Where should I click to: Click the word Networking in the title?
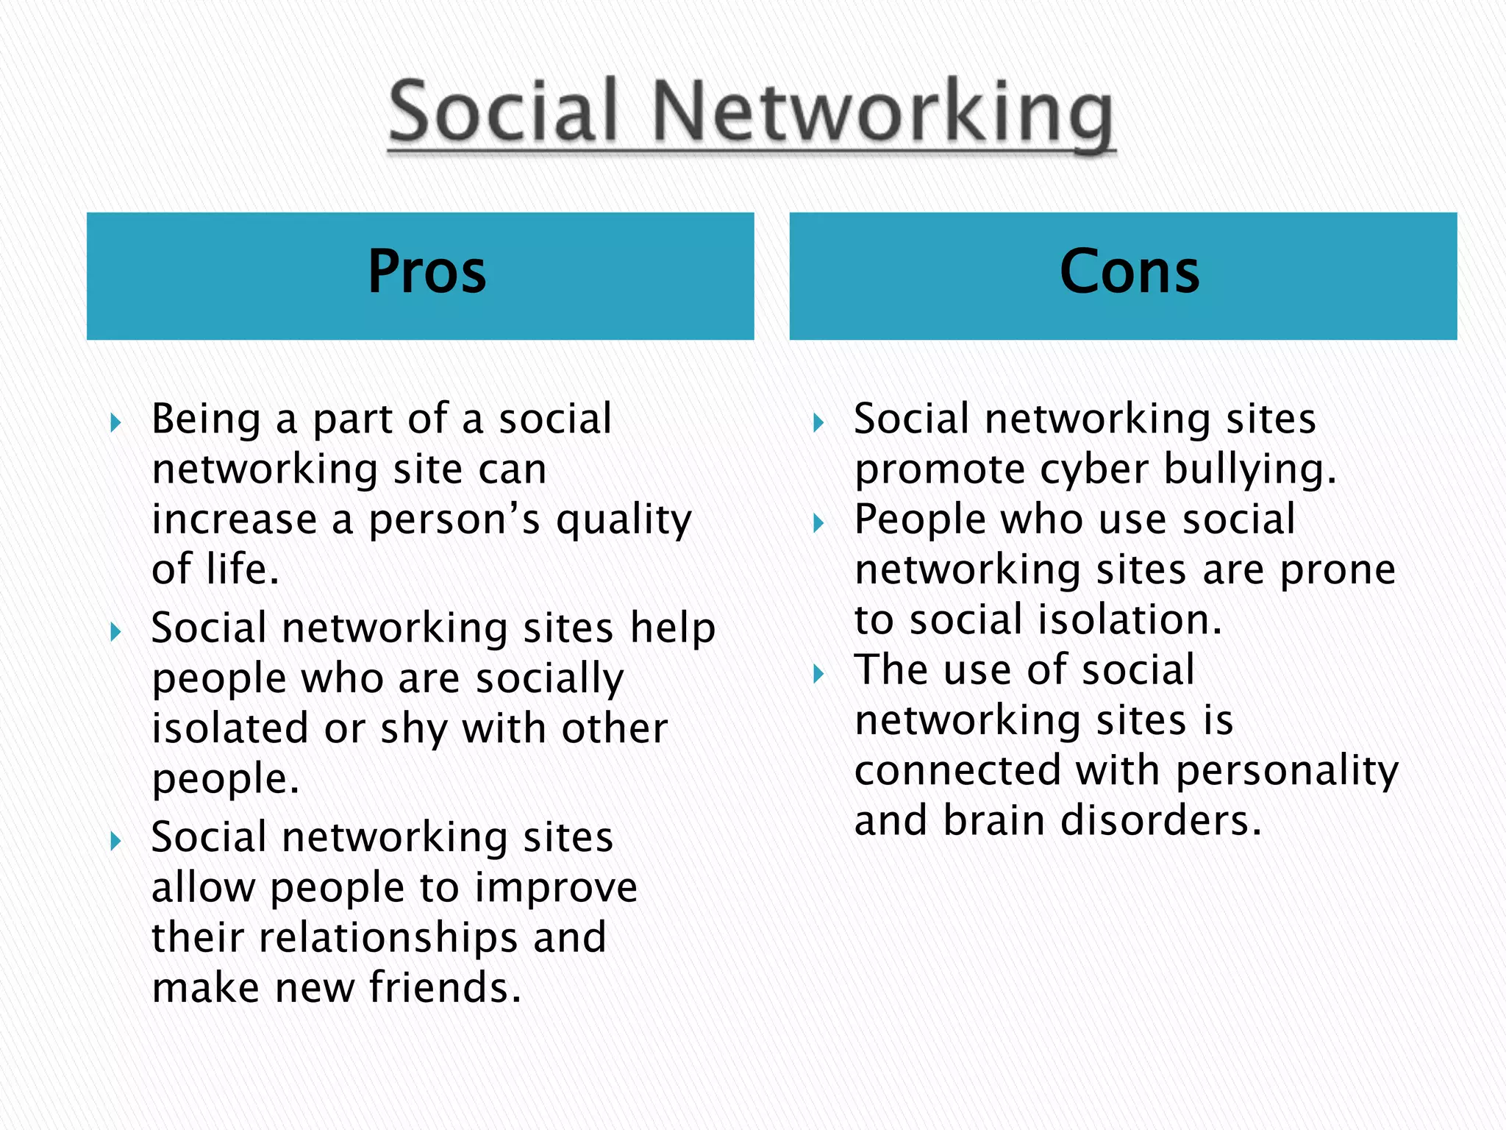(882, 114)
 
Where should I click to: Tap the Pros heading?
(427, 272)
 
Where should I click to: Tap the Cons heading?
(1129, 272)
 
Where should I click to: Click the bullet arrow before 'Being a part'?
(115, 422)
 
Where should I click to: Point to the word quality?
(624, 521)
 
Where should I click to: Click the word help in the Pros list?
(672, 628)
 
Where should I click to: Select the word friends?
(444, 987)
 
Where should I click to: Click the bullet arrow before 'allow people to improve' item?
(115, 840)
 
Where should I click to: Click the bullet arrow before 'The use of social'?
(818, 673)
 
